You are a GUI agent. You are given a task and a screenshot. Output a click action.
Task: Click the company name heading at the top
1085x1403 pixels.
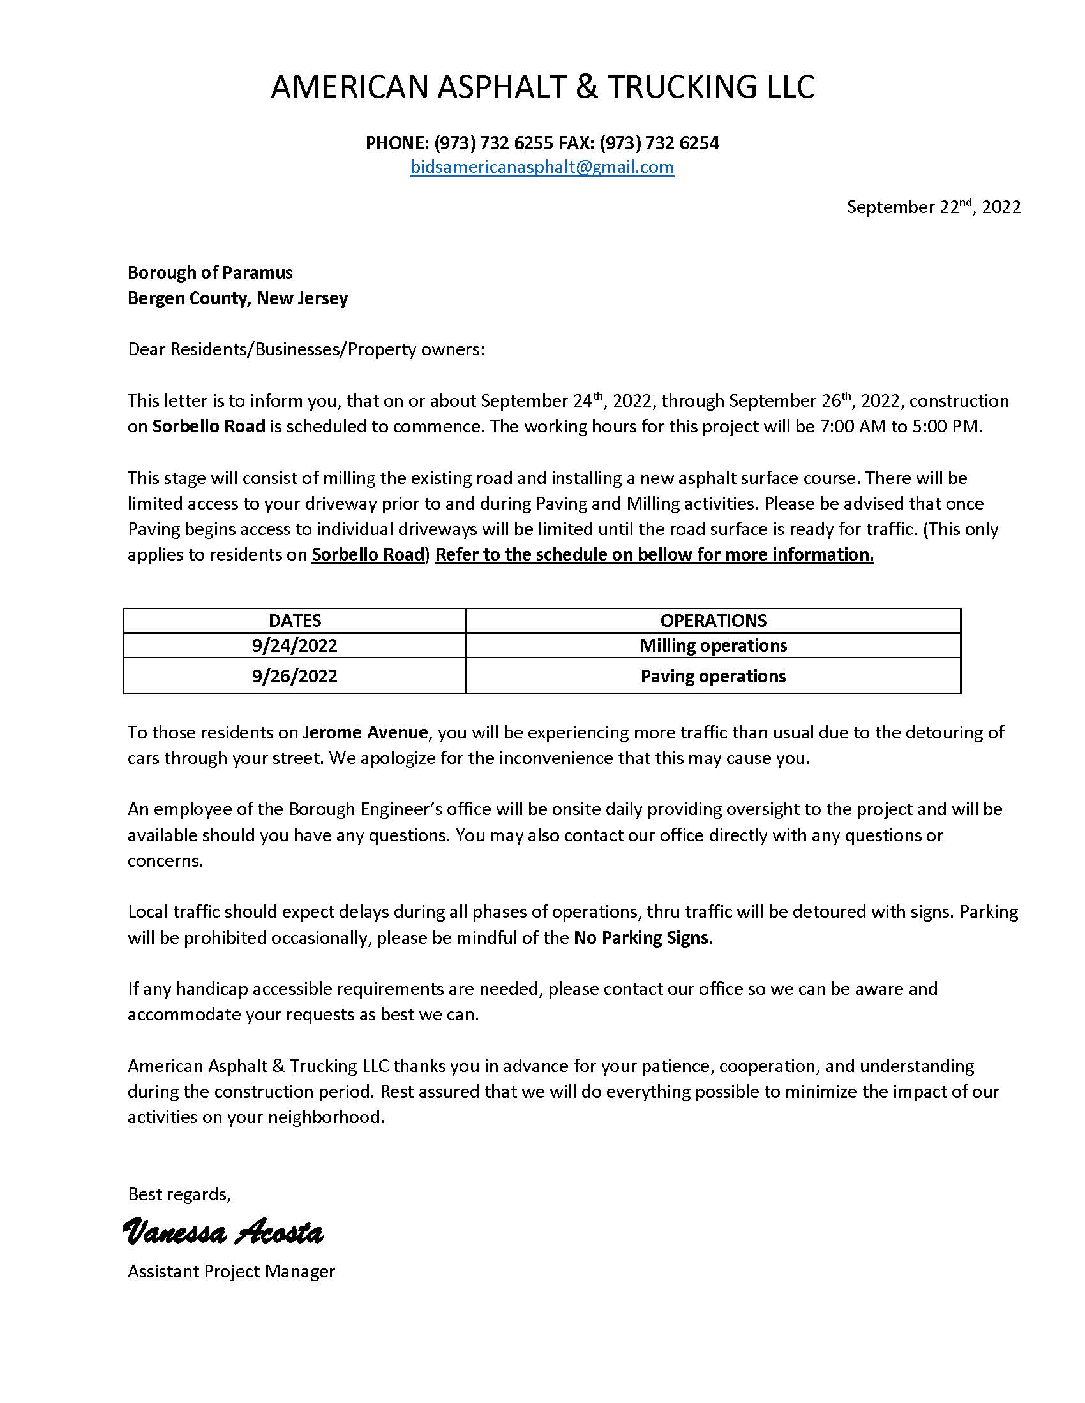[542, 87]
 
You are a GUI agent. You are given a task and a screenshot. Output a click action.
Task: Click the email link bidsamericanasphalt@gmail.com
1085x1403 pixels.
[542, 167]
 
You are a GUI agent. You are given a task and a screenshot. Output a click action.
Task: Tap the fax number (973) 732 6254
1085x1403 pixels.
[659, 143]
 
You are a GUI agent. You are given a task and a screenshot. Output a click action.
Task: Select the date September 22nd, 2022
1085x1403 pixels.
[932, 207]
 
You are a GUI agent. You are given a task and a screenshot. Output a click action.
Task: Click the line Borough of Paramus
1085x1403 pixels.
[209, 272]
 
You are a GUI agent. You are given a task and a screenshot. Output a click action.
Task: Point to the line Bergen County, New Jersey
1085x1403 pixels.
[237, 298]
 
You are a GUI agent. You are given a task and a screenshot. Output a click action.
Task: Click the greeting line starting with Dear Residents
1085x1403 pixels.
[306, 349]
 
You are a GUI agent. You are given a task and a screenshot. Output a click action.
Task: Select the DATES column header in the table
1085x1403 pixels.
[294, 621]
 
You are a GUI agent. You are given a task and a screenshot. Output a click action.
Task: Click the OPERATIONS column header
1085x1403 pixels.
[713, 621]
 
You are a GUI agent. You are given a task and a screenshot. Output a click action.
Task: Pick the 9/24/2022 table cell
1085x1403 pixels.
[294, 645]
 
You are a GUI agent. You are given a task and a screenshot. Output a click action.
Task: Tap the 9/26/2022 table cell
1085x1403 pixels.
[294, 677]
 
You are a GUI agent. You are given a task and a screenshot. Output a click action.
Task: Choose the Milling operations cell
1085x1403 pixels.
[713, 645]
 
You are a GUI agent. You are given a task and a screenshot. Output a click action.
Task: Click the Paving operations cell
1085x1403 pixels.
[713, 677]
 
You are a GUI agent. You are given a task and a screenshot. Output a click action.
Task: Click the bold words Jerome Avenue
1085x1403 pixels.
[365, 732]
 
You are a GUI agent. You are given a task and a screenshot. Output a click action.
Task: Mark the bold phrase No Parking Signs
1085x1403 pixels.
[641, 938]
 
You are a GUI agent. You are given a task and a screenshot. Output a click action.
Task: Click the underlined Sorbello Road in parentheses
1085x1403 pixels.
[368, 554]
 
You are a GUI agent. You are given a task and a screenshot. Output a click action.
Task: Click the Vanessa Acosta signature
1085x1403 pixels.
[222, 1233]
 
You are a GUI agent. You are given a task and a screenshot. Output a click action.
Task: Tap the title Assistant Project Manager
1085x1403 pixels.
[231, 1271]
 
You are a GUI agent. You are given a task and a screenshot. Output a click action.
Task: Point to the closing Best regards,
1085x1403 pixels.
[179, 1194]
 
